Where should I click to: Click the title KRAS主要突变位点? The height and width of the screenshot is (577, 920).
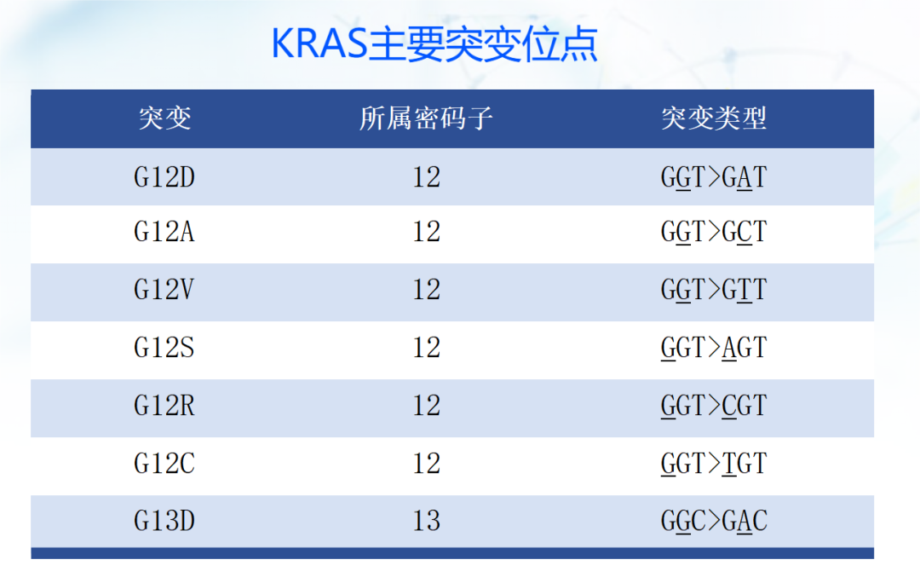coord(434,44)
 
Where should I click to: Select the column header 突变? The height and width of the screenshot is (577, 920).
coord(164,118)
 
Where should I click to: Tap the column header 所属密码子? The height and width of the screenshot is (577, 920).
coord(426,118)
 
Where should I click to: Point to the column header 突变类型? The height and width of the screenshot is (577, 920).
coord(714,118)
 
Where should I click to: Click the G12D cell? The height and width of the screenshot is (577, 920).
coord(164,177)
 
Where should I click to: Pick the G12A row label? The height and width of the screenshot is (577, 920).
coord(164,232)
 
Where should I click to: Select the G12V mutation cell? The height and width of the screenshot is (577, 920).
coord(164,290)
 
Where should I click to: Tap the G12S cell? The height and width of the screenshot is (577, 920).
coord(164,348)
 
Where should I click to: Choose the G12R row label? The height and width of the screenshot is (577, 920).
coord(164,406)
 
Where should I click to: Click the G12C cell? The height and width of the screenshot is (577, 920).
coord(164,464)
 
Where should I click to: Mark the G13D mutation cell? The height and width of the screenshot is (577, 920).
coord(164,521)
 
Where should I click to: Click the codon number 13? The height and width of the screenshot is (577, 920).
coord(426,521)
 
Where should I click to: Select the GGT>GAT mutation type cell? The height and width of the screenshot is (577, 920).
coord(714,177)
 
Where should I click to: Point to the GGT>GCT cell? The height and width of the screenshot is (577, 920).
coord(714,232)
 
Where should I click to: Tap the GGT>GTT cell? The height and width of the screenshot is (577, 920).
coord(714,290)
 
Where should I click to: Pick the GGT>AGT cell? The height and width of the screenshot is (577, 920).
coord(714,348)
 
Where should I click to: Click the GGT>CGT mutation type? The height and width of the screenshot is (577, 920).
coord(714,406)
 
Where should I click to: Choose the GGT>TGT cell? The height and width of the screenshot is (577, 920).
coord(714,464)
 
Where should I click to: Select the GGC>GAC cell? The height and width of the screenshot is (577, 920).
coord(714,521)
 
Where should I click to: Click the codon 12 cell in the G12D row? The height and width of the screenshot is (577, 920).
coord(426,177)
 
